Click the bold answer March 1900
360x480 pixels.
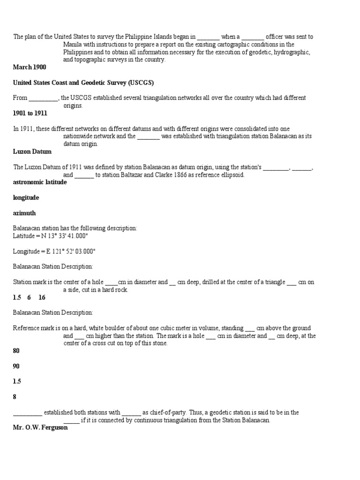tap(29, 67)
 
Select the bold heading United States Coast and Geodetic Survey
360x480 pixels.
tap(83, 83)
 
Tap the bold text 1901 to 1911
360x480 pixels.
tap(30, 113)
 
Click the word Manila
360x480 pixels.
tap(73, 45)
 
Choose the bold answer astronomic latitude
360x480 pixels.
tap(40, 182)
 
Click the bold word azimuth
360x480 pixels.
tap(24, 213)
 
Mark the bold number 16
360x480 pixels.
tap(42, 297)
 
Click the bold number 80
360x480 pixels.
tap(16, 351)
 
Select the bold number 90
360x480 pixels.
tap(16, 366)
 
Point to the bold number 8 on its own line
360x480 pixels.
tap(15, 397)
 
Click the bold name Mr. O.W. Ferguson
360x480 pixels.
tap(40, 427)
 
